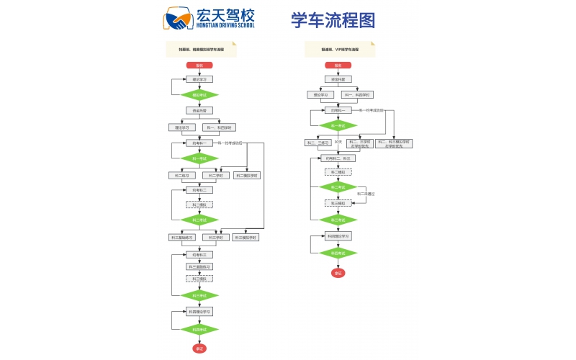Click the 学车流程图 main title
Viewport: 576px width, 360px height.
333,20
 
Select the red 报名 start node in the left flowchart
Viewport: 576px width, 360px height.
199,65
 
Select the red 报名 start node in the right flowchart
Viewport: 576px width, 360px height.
338,65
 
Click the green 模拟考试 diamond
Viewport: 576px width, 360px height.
199,94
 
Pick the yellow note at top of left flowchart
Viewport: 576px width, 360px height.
202,50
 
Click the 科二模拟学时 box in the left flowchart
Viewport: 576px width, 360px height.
247,175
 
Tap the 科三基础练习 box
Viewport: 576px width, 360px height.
182,237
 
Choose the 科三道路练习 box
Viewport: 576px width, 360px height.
199,266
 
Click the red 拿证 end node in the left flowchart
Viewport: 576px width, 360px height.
199,348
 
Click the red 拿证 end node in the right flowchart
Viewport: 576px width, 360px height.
338,272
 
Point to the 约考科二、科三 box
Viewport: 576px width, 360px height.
338,158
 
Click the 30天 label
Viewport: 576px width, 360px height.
338,142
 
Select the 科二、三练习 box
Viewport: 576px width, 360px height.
318,142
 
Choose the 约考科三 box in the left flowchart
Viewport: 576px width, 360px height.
199,254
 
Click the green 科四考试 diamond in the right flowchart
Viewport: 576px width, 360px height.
338,253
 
